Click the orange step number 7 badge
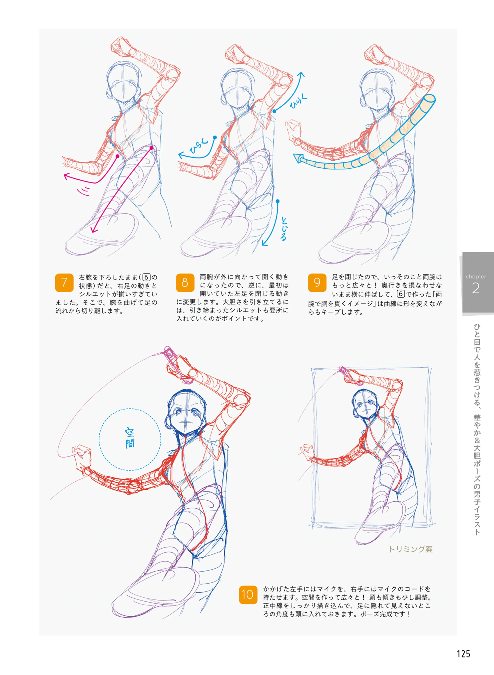64,282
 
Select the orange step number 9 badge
317,282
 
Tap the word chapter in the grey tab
476,276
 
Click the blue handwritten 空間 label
130,438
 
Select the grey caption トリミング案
410,549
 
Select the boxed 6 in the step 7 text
146,277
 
